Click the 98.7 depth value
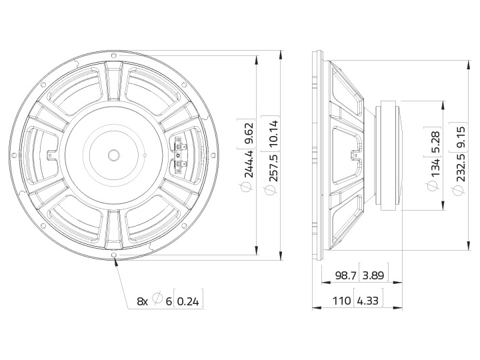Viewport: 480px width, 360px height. (x=346, y=275)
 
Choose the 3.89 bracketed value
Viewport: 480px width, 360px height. (x=373, y=275)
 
